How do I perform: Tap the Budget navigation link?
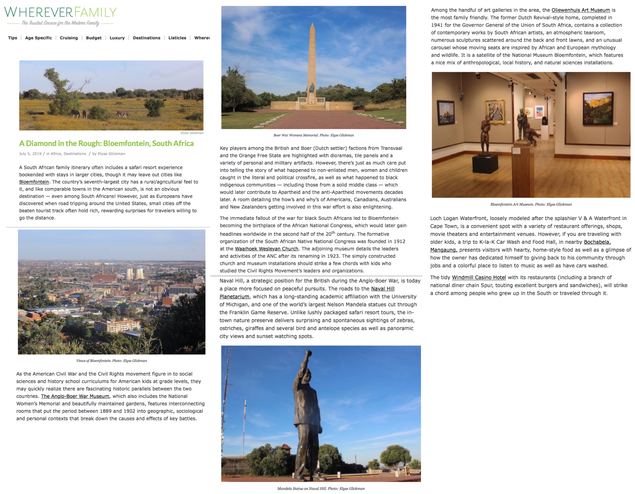(x=94, y=38)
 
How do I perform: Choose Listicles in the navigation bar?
(x=177, y=38)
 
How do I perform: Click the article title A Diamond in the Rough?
(x=106, y=143)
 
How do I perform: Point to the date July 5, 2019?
(x=30, y=154)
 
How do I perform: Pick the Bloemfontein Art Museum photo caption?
(x=531, y=204)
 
